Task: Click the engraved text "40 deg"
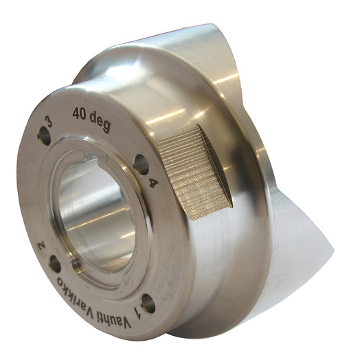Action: coord(91,119)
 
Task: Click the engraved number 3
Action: coord(49,122)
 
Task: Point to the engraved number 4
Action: coord(154,183)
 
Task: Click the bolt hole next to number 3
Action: coord(44,136)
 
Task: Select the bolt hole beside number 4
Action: coord(141,165)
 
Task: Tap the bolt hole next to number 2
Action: coord(55,264)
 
